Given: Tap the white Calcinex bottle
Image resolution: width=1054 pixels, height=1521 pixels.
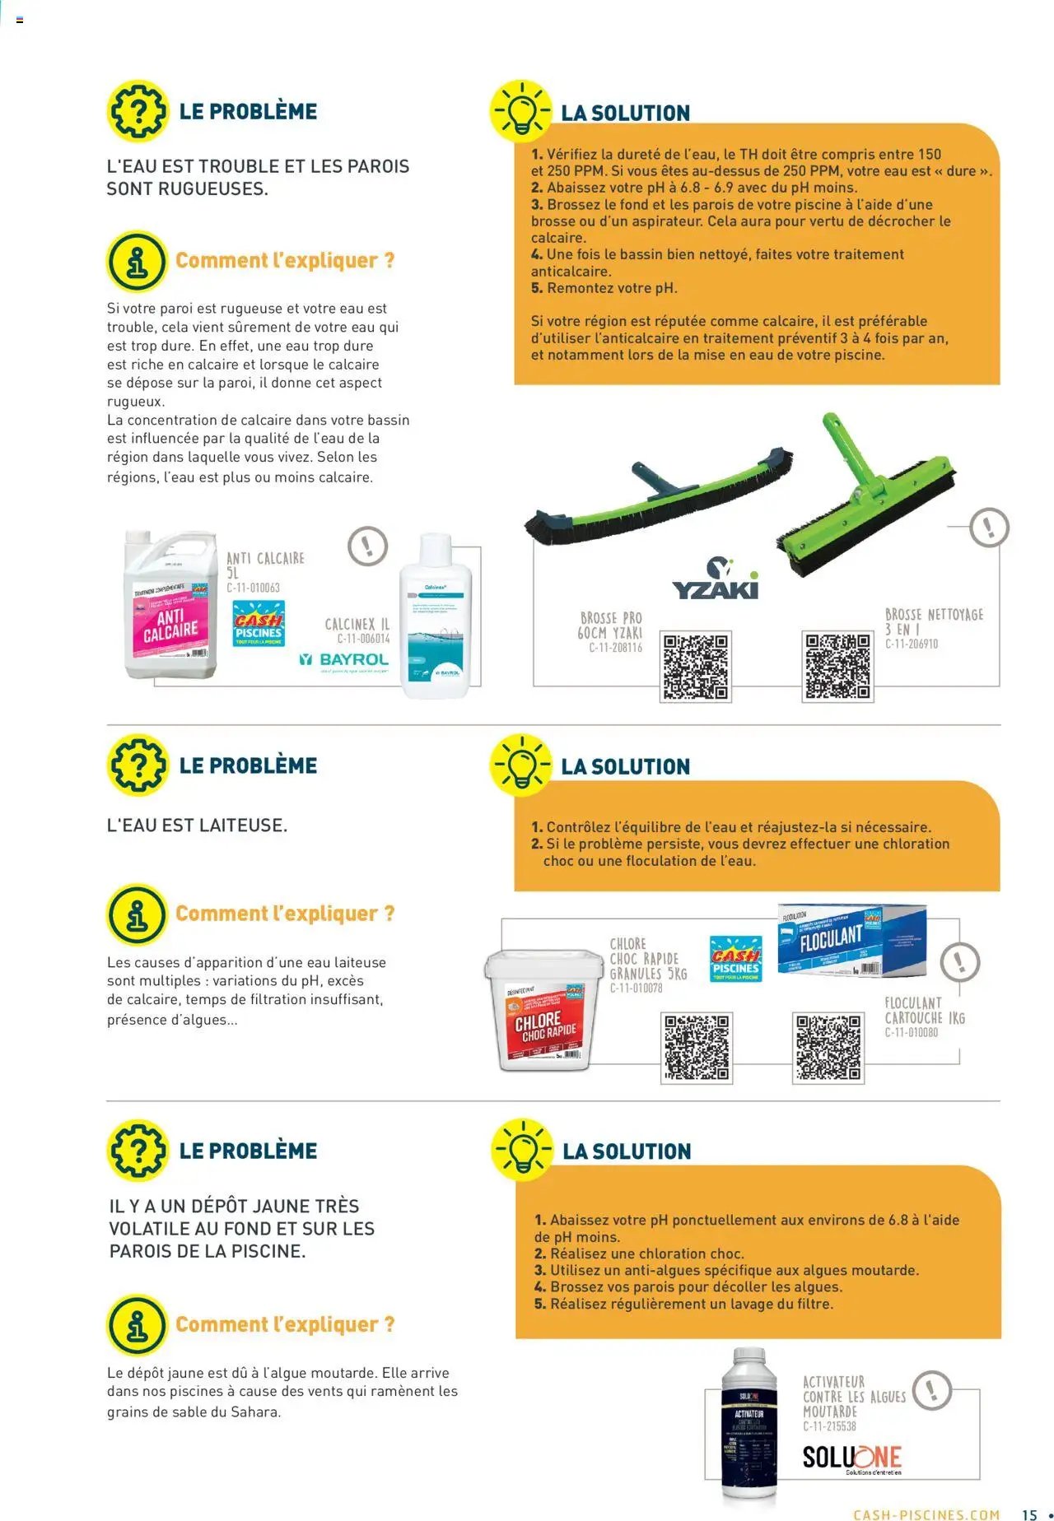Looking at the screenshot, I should tap(435, 617).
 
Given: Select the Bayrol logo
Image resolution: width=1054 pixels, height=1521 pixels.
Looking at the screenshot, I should tap(343, 659).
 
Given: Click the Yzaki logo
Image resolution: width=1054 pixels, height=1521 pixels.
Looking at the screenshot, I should tap(716, 579).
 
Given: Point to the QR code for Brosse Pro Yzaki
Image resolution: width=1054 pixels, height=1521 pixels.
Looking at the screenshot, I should tap(696, 667).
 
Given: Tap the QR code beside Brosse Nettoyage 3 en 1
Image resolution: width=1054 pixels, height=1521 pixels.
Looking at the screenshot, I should tap(837, 667).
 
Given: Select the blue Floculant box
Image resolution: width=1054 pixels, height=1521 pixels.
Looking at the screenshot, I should tap(851, 942).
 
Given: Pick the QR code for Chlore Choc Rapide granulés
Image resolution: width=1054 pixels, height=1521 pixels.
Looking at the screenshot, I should tap(697, 1048).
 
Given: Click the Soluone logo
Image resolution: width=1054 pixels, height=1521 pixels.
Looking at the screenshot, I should tap(852, 1458).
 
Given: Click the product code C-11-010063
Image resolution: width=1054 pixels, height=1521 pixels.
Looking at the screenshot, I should tap(253, 588).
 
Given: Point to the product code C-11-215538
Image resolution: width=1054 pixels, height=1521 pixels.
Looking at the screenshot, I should tap(829, 1426).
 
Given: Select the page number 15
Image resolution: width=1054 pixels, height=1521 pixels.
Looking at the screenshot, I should tap(1029, 1514).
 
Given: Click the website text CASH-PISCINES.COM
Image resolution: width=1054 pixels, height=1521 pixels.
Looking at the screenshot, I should tap(926, 1514).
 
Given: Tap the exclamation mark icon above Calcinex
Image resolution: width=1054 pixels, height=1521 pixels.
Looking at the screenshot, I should tap(367, 546).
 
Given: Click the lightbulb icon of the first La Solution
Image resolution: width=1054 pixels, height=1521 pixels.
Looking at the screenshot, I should tap(521, 110).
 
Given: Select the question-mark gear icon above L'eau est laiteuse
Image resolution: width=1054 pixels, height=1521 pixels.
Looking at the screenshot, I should tap(138, 764).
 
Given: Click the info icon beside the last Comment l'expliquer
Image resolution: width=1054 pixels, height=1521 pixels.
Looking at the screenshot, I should tap(138, 1324).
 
